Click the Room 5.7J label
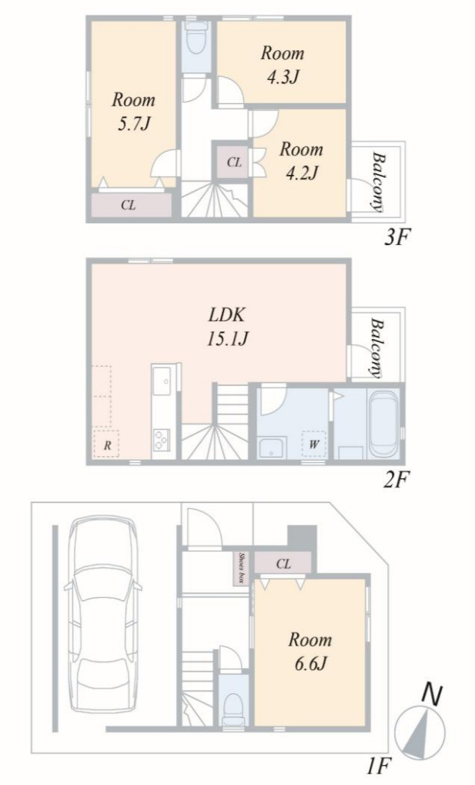(133, 111)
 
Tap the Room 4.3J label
(283, 65)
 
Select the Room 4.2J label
(301, 161)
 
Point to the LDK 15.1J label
(228, 327)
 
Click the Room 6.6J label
(309, 651)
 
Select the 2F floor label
(397, 481)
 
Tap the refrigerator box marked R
(106, 443)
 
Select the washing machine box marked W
(314, 444)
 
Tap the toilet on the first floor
(234, 707)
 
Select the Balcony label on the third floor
(378, 183)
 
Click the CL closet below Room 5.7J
(129, 205)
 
